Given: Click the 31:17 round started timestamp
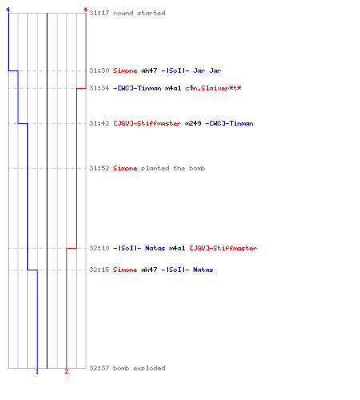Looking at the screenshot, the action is [99, 13].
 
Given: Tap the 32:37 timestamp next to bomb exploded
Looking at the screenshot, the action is [99, 368].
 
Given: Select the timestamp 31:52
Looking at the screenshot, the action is [99, 168].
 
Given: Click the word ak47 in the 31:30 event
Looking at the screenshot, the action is [149, 70].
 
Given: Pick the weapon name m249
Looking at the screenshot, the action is [193, 123].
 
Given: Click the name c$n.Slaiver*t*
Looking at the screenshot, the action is [213, 88].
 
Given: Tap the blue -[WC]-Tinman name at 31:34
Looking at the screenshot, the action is [137, 88].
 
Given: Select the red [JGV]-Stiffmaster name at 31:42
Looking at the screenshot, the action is [147, 123].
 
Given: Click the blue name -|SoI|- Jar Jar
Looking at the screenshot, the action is [191, 70].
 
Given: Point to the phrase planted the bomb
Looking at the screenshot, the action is [173, 168].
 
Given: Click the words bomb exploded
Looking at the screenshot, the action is [139, 368].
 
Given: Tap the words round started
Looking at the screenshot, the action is [139, 13].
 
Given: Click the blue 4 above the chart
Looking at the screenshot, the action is [8, 10].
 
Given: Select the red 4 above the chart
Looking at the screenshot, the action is [86, 10].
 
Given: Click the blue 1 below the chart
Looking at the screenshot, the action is [37, 371].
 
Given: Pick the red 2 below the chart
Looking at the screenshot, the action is [66, 371].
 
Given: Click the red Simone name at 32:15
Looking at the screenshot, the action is [125, 270].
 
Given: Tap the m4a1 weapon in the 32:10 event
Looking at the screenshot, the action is [177, 248].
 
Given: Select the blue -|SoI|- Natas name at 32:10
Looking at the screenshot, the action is [139, 248].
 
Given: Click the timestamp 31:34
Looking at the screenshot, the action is [99, 88].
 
